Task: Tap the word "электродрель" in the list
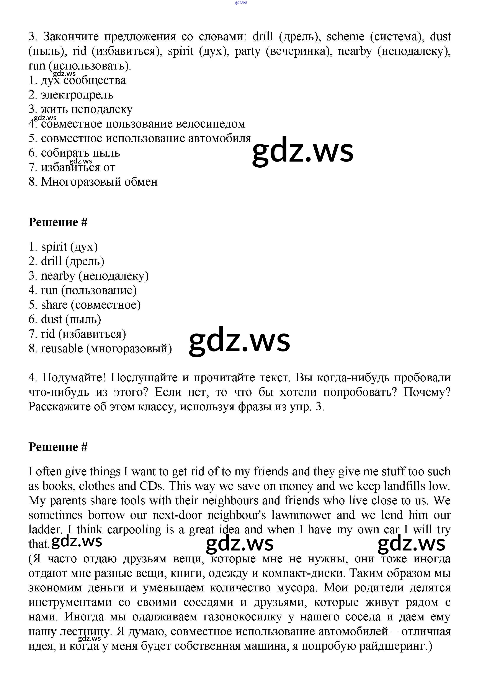[x=77, y=95]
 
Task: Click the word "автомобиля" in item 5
[x=220, y=138]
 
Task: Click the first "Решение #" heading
[x=58, y=222]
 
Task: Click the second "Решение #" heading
[x=58, y=447]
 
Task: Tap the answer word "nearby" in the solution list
[x=58, y=276]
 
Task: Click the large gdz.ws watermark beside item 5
[x=303, y=151]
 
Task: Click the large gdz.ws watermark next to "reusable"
[x=239, y=341]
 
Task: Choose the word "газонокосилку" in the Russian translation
[x=243, y=617]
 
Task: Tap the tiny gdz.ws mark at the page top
[x=241, y=2]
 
